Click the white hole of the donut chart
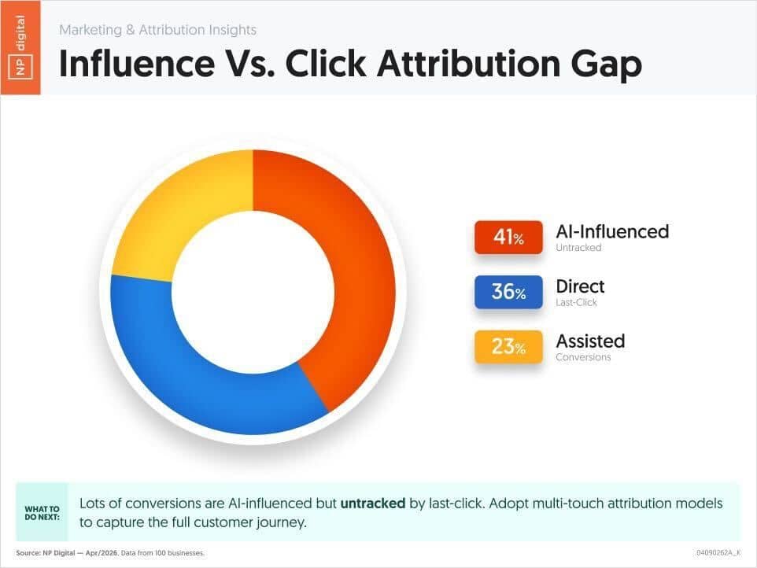coord(253,292)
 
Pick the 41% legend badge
coord(508,238)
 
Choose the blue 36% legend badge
coord(508,292)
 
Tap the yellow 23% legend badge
coord(508,346)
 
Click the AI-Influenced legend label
coord(612,231)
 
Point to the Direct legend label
coord(580,286)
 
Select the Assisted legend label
coord(590,341)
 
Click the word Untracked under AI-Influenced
coord(578,248)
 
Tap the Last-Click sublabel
coord(577,303)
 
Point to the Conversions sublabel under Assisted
coord(583,357)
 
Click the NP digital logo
coord(20,47)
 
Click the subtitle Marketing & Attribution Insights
coord(158,30)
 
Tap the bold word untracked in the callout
coord(373,503)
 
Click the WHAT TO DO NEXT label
coord(42,513)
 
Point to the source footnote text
coord(110,553)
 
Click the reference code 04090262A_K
coord(718,553)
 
